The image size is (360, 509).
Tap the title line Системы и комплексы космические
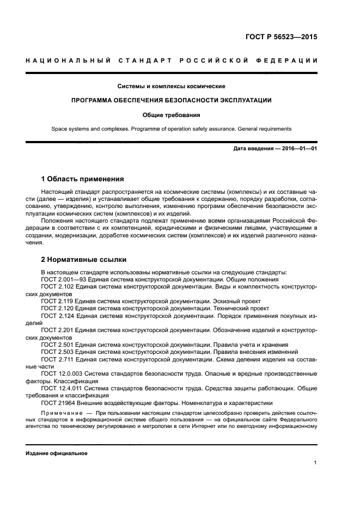click(x=172, y=86)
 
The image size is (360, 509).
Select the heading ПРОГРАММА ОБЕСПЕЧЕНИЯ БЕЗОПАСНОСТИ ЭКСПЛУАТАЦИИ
click(x=172, y=101)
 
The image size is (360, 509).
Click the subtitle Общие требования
click(x=172, y=115)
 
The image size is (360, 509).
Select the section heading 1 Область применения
click(x=83, y=179)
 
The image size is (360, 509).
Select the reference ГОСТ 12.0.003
click(x=62, y=373)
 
